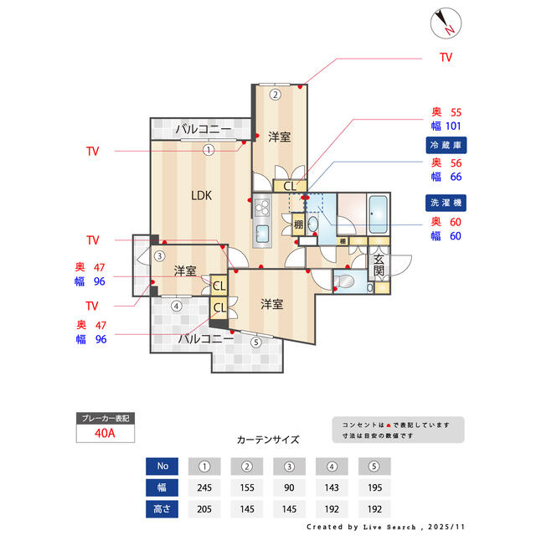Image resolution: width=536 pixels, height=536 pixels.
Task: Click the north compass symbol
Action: pyautogui.click(x=445, y=23)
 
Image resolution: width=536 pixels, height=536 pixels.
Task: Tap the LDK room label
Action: pyautogui.click(x=201, y=196)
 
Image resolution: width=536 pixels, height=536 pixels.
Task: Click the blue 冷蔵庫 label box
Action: pyautogui.click(x=446, y=145)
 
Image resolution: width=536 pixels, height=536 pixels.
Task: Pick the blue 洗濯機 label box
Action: pyautogui.click(x=446, y=204)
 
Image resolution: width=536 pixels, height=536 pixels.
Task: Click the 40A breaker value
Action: pyautogui.click(x=104, y=433)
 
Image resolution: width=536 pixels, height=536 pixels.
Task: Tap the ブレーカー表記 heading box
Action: pyautogui.click(x=104, y=418)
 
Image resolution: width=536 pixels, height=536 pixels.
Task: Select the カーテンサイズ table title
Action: pyautogui.click(x=268, y=439)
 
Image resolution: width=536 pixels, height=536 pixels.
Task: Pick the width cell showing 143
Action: pyautogui.click(x=332, y=487)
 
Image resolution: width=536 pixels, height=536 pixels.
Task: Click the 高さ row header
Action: pyautogui.click(x=162, y=509)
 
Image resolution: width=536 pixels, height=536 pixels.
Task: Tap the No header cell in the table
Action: pyautogui.click(x=162, y=466)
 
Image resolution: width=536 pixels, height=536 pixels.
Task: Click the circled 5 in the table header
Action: pyautogui.click(x=374, y=466)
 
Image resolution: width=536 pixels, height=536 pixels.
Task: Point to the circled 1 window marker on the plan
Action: pyautogui.click(x=209, y=150)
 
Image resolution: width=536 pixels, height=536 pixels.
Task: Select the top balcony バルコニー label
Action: pyautogui.click(x=203, y=130)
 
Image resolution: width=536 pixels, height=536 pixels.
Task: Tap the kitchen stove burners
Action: pyautogui.click(x=260, y=206)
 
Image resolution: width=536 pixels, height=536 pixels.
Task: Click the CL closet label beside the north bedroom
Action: pyautogui.click(x=288, y=186)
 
